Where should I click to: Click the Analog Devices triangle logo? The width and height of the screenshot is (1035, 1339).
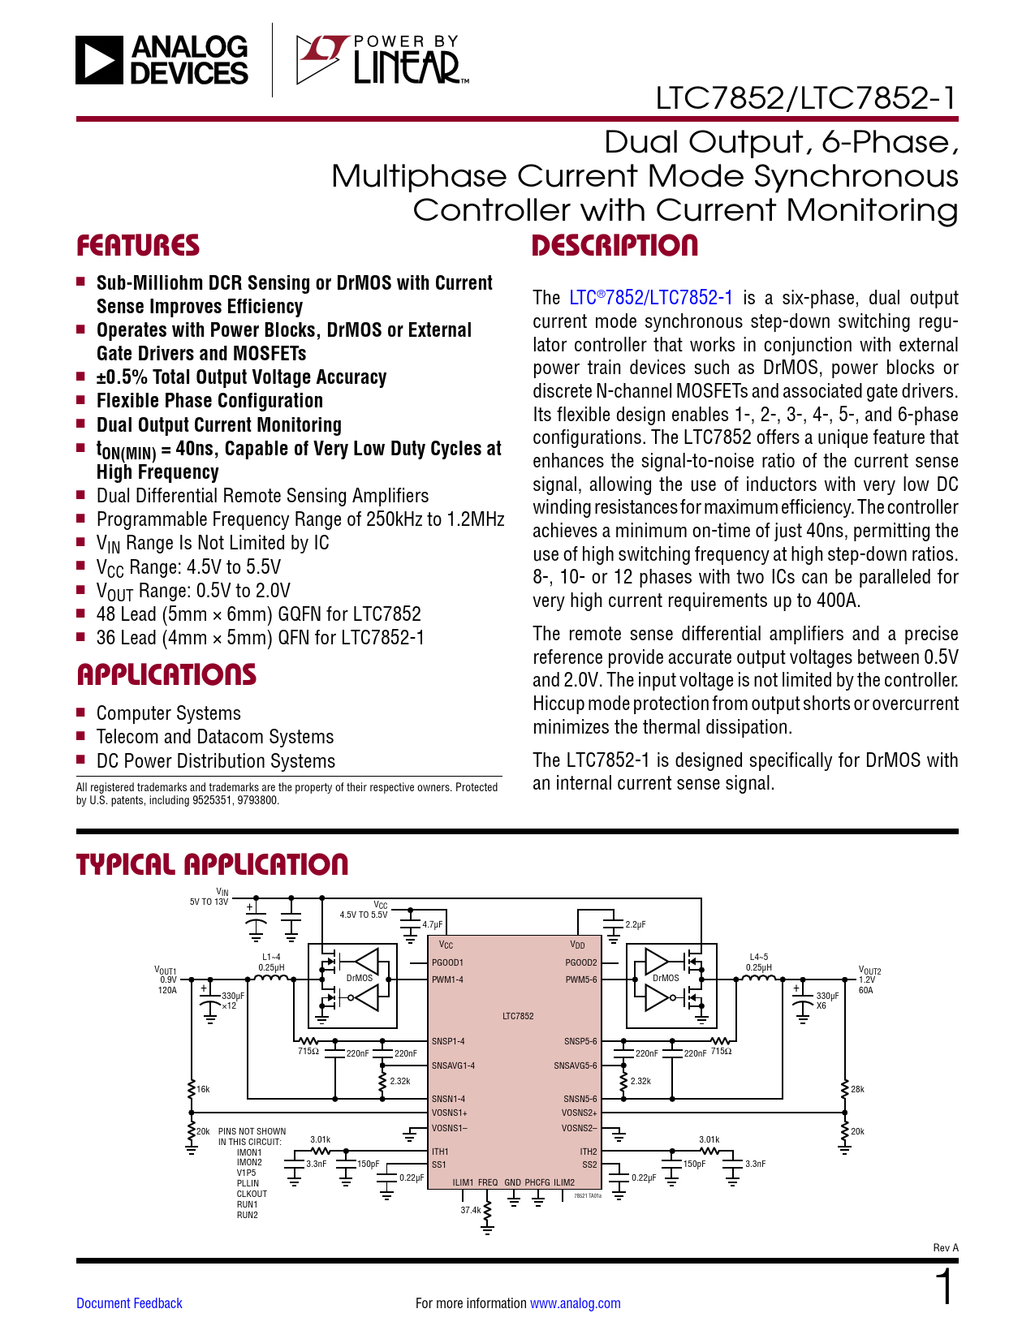point(99,60)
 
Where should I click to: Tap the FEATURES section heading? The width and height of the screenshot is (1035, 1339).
point(138,246)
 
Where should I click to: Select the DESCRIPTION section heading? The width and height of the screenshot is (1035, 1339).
point(615,246)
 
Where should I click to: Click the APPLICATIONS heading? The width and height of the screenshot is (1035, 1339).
point(166,675)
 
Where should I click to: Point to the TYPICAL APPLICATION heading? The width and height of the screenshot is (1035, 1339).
point(212,865)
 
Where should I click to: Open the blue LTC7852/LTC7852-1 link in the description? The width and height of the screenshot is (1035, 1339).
point(651,298)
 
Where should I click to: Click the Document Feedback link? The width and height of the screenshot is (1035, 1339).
point(129,1303)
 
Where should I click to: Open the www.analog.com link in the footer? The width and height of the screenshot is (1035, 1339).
point(575,1303)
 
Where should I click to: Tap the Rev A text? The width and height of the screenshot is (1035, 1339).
point(946,1248)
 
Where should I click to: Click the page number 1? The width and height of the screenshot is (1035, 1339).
point(945,1288)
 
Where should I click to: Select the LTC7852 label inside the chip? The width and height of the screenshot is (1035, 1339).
point(518,1016)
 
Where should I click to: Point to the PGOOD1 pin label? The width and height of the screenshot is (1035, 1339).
point(447,963)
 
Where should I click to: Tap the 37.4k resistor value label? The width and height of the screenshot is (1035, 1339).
point(471,1210)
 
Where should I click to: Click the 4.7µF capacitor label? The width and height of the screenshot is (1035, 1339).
point(433,924)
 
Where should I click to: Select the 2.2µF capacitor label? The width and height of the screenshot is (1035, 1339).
point(636,924)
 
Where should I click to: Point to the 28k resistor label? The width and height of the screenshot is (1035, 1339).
point(857,1089)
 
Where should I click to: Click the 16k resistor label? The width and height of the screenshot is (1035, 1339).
point(203,1089)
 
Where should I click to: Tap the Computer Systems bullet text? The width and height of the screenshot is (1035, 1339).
point(169,713)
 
